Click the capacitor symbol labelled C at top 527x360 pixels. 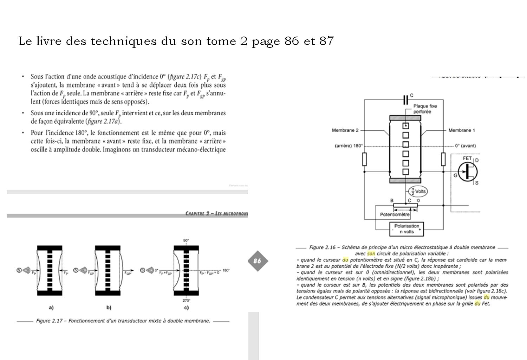pyautogui.click(x=406, y=100)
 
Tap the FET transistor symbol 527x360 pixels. pyautogui.click(x=468, y=172)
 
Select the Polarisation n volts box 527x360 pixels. pyautogui.click(x=406, y=229)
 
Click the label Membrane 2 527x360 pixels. pyautogui.click(x=345, y=130)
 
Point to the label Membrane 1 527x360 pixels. pyautogui.click(x=461, y=130)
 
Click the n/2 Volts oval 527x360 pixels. pyautogui.click(x=417, y=192)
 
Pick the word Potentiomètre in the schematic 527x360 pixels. pyautogui.click(x=395, y=214)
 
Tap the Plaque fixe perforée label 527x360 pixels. pyautogui.click(x=425, y=109)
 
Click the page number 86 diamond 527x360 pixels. pyautogui.click(x=257, y=261)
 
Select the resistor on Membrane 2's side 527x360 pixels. pyautogui.click(x=364, y=159)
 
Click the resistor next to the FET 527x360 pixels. pyautogui.click(x=443, y=159)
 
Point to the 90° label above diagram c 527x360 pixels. pyautogui.click(x=186, y=240)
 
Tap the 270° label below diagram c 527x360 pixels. pyautogui.click(x=186, y=301)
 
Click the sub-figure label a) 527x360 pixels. pyautogui.click(x=51, y=308)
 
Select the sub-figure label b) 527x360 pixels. pyautogui.click(x=109, y=308)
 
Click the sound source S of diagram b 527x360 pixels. pyautogui.click(x=76, y=270)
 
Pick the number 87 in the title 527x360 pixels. pyautogui.click(x=326, y=41)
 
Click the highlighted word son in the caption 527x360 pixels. pyautogui.click(x=371, y=253)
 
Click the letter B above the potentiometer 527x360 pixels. pyautogui.click(x=392, y=201)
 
